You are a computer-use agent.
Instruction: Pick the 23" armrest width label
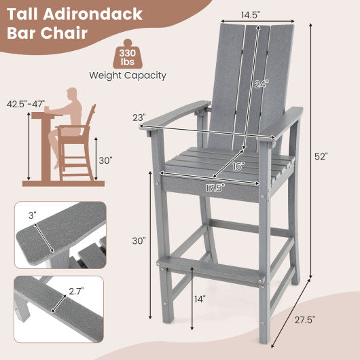[139, 117]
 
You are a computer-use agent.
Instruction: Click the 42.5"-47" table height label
[26, 105]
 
